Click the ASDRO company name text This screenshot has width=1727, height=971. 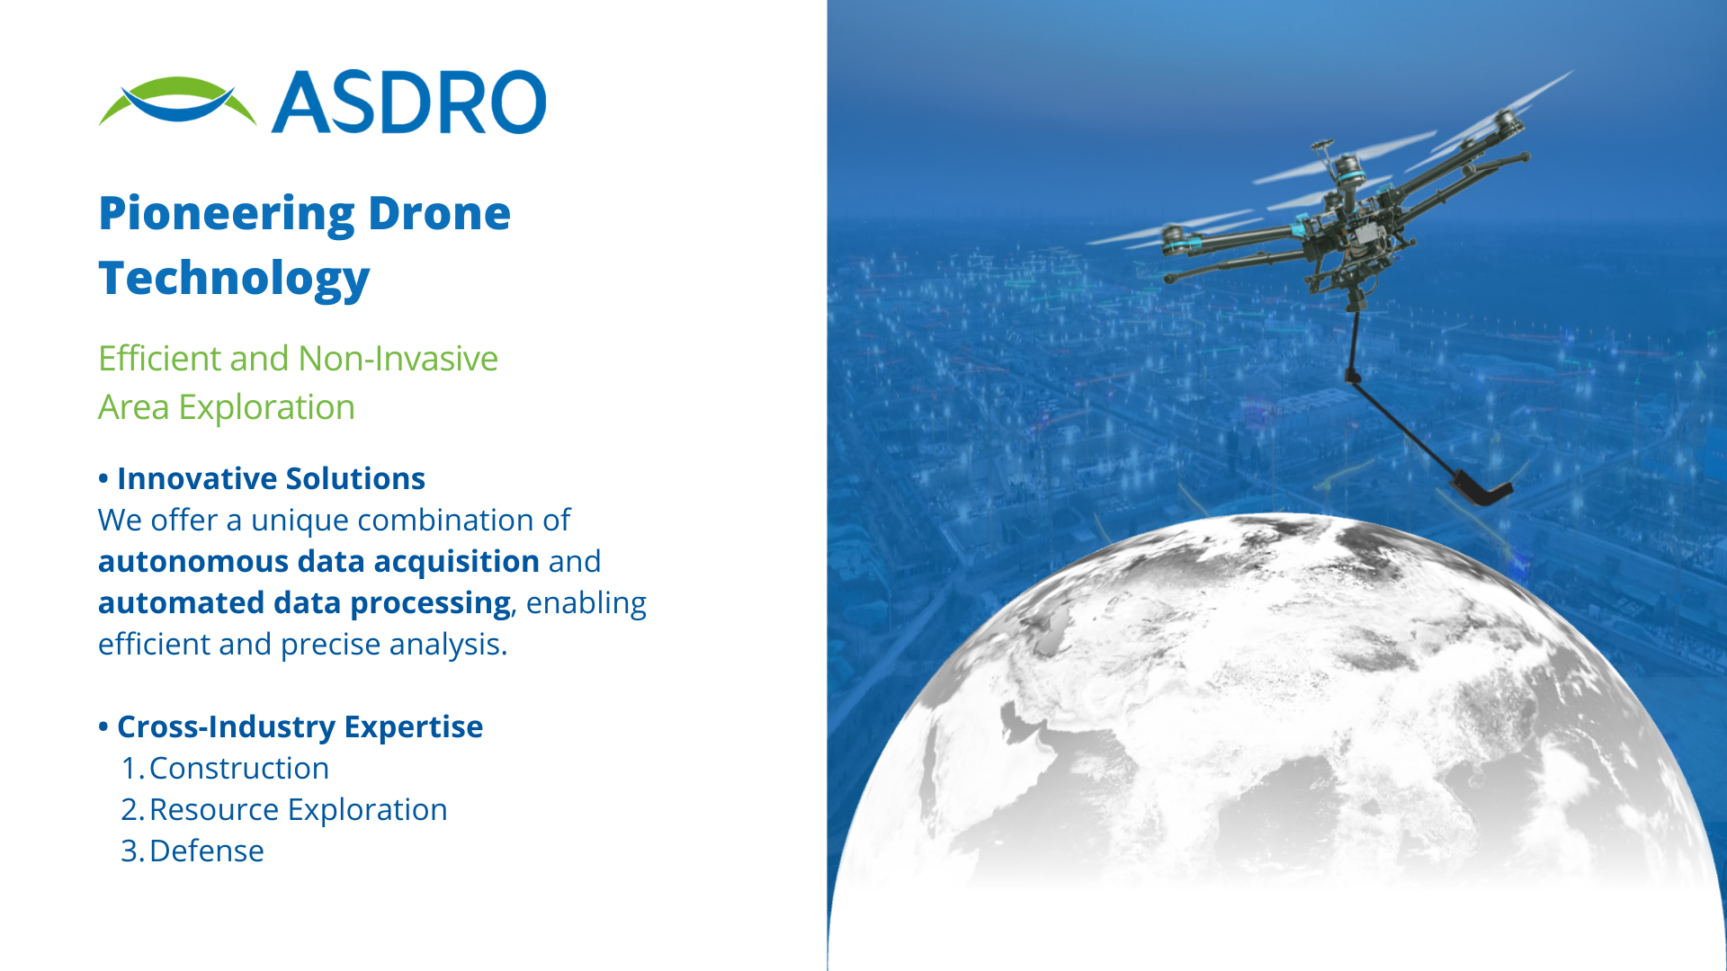pos(409,102)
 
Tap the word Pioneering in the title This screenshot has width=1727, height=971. pos(227,215)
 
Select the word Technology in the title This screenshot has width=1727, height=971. pos(234,279)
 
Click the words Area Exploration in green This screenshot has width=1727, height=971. pos(227,407)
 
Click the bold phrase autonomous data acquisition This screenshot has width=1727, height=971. pos(318,561)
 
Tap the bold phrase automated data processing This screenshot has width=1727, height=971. pos(304,602)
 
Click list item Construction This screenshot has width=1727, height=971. pos(239,768)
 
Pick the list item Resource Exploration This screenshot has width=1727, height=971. pos(298,809)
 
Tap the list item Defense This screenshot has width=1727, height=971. pos(207,851)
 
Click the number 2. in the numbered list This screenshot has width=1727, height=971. pos(132,809)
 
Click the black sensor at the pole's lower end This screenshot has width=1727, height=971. pos(1481,490)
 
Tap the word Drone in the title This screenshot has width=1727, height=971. pos(439,215)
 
